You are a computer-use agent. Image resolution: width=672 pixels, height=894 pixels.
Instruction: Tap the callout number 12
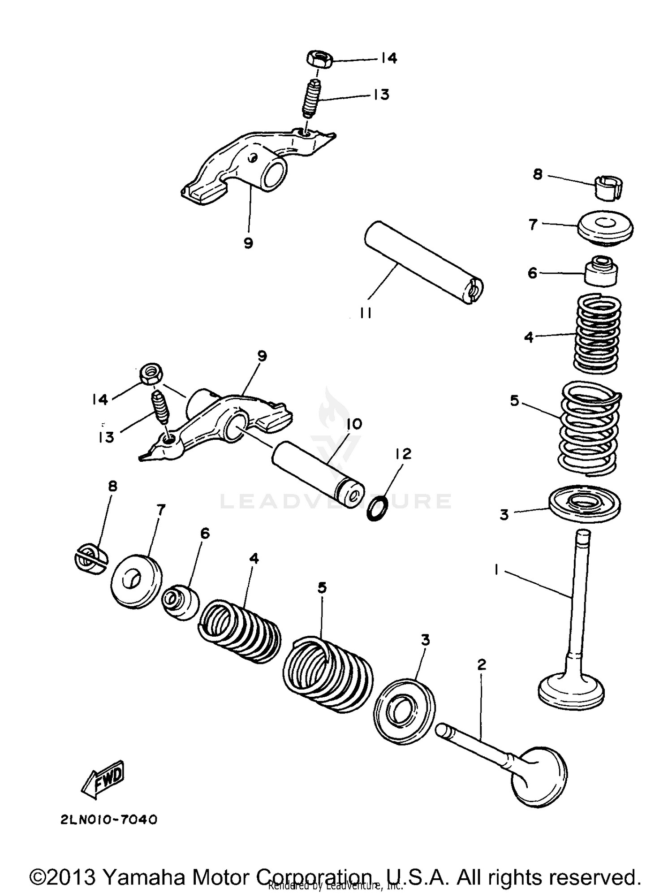click(x=403, y=454)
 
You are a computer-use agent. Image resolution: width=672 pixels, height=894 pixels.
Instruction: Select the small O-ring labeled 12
click(x=375, y=508)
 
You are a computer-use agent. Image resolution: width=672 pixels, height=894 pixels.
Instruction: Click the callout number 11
click(x=366, y=313)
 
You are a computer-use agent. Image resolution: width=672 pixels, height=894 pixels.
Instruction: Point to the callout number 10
click(x=354, y=424)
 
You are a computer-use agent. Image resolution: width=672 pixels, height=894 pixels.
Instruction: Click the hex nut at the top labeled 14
click(x=319, y=59)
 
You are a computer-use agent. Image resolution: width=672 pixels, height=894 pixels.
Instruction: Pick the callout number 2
click(x=482, y=664)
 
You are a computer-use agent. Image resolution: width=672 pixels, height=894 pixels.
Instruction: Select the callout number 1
click(x=496, y=569)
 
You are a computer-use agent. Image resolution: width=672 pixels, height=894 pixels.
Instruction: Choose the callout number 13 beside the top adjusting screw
click(x=381, y=95)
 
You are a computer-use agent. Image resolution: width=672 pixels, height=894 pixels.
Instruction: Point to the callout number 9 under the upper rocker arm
click(x=248, y=243)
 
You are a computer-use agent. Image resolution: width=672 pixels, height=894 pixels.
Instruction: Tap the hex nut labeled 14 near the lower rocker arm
click(x=151, y=373)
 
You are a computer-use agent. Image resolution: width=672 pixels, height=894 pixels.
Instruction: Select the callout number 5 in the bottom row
click(x=322, y=588)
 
